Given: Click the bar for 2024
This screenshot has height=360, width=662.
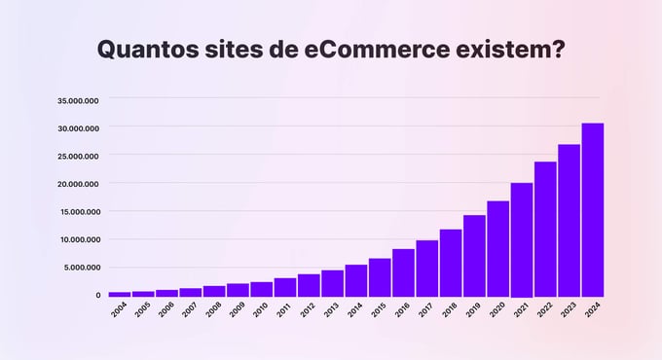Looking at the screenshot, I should click(593, 210).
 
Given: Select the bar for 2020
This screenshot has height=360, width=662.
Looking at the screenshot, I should click(497, 249).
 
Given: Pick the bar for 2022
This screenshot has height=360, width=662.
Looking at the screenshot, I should click(545, 229).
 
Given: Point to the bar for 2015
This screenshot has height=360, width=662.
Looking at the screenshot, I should click(380, 277).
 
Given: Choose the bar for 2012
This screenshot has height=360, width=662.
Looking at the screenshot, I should click(309, 285).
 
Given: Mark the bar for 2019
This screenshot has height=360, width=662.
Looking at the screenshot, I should click(474, 256).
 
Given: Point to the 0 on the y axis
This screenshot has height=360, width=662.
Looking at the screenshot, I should click(97, 295).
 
